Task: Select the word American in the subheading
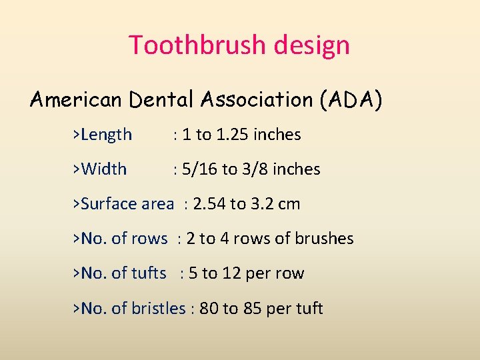76,100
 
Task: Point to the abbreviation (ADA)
351,100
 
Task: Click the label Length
106,135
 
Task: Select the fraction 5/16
199,169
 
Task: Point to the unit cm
289,204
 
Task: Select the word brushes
326,239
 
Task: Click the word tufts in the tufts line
149,273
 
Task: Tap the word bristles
159,309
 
